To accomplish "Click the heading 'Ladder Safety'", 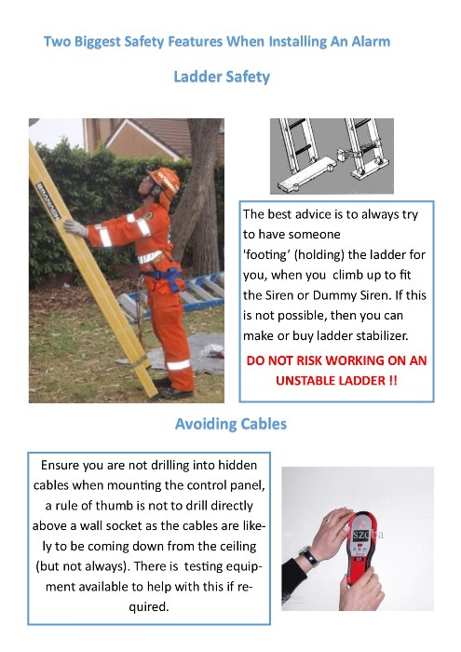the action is tap(222, 76).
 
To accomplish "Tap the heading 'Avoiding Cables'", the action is tap(230, 424).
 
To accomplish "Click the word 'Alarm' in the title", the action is tap(368, 41).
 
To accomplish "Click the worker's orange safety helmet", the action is tap(165, 178).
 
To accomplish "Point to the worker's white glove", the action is tap(75, 226).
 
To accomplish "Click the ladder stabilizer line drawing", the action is tap(331, 156).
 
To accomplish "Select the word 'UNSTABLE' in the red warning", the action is tap(313, 380).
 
